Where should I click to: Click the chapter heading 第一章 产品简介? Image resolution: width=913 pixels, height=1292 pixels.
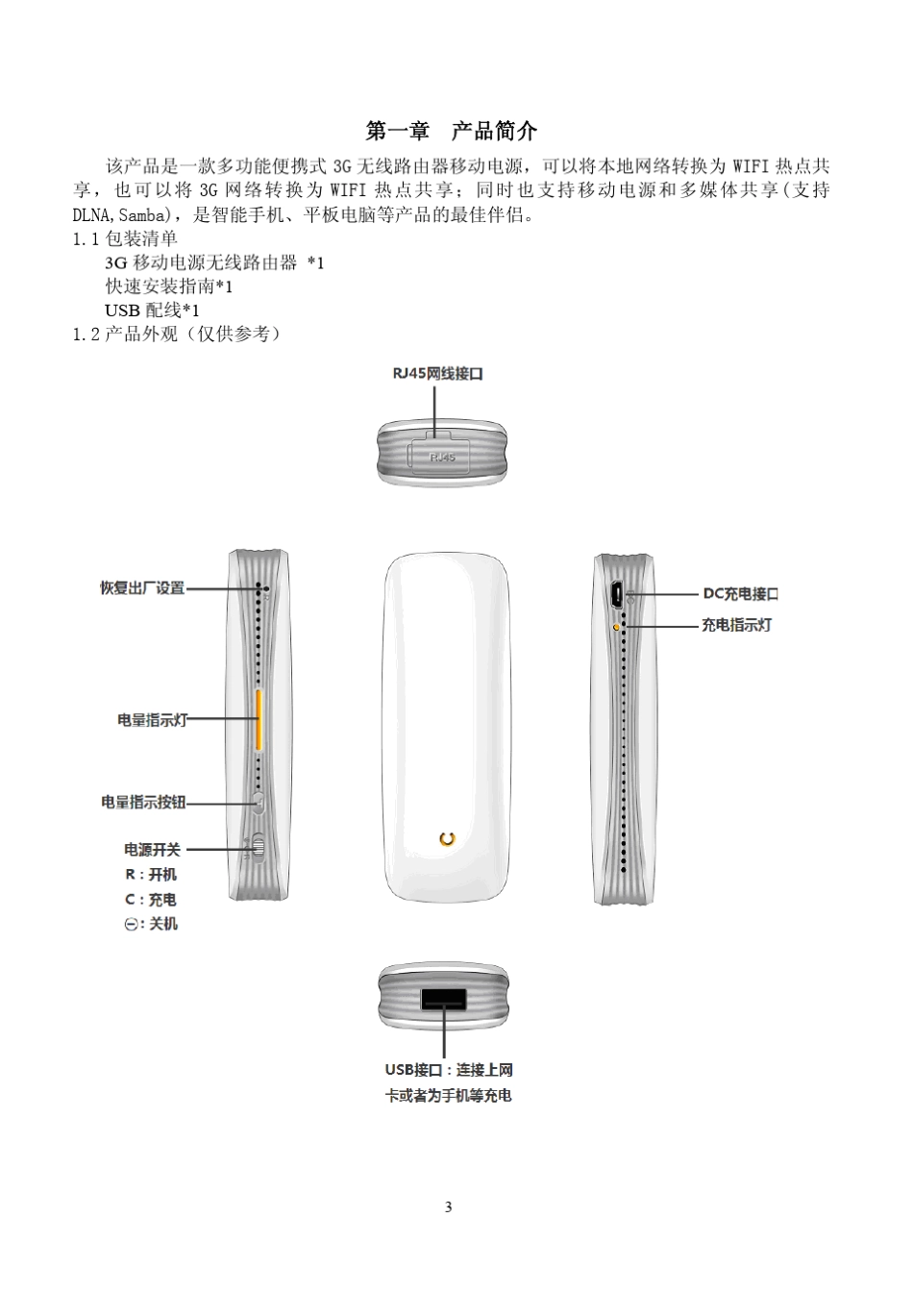pos(451,132)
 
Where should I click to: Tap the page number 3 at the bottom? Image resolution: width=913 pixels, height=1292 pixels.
pos(448,1207)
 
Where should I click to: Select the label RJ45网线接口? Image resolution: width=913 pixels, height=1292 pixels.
pos(437,374)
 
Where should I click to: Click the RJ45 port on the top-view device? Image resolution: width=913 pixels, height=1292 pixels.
pos(442,456)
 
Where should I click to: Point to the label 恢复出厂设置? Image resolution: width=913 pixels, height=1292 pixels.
pos(142,588)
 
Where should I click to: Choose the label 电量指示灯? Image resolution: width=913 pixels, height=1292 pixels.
pos(152,719)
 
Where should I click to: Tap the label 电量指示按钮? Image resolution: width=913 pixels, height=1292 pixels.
pos(143,802)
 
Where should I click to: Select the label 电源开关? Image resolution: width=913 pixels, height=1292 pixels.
pos(152,850)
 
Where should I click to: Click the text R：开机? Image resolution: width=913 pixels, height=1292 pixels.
pos(151,875)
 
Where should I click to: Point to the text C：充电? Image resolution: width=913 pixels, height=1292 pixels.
pos(151,900)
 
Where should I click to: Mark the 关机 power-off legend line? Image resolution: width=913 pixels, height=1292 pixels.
pos(151,924)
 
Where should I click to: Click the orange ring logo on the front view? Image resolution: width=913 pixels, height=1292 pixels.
pos(446,838)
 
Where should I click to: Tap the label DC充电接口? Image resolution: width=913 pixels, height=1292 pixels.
pos(740,594)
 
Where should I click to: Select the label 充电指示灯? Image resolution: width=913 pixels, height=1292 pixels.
pos(736,625)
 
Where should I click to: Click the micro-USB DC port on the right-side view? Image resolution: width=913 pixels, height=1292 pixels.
pos(616,593)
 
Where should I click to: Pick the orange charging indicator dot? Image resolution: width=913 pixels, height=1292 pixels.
pos(616,626)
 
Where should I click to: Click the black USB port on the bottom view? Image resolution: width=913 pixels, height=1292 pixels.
pos(443,999)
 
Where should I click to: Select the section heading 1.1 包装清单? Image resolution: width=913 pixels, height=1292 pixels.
pos(125,238)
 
